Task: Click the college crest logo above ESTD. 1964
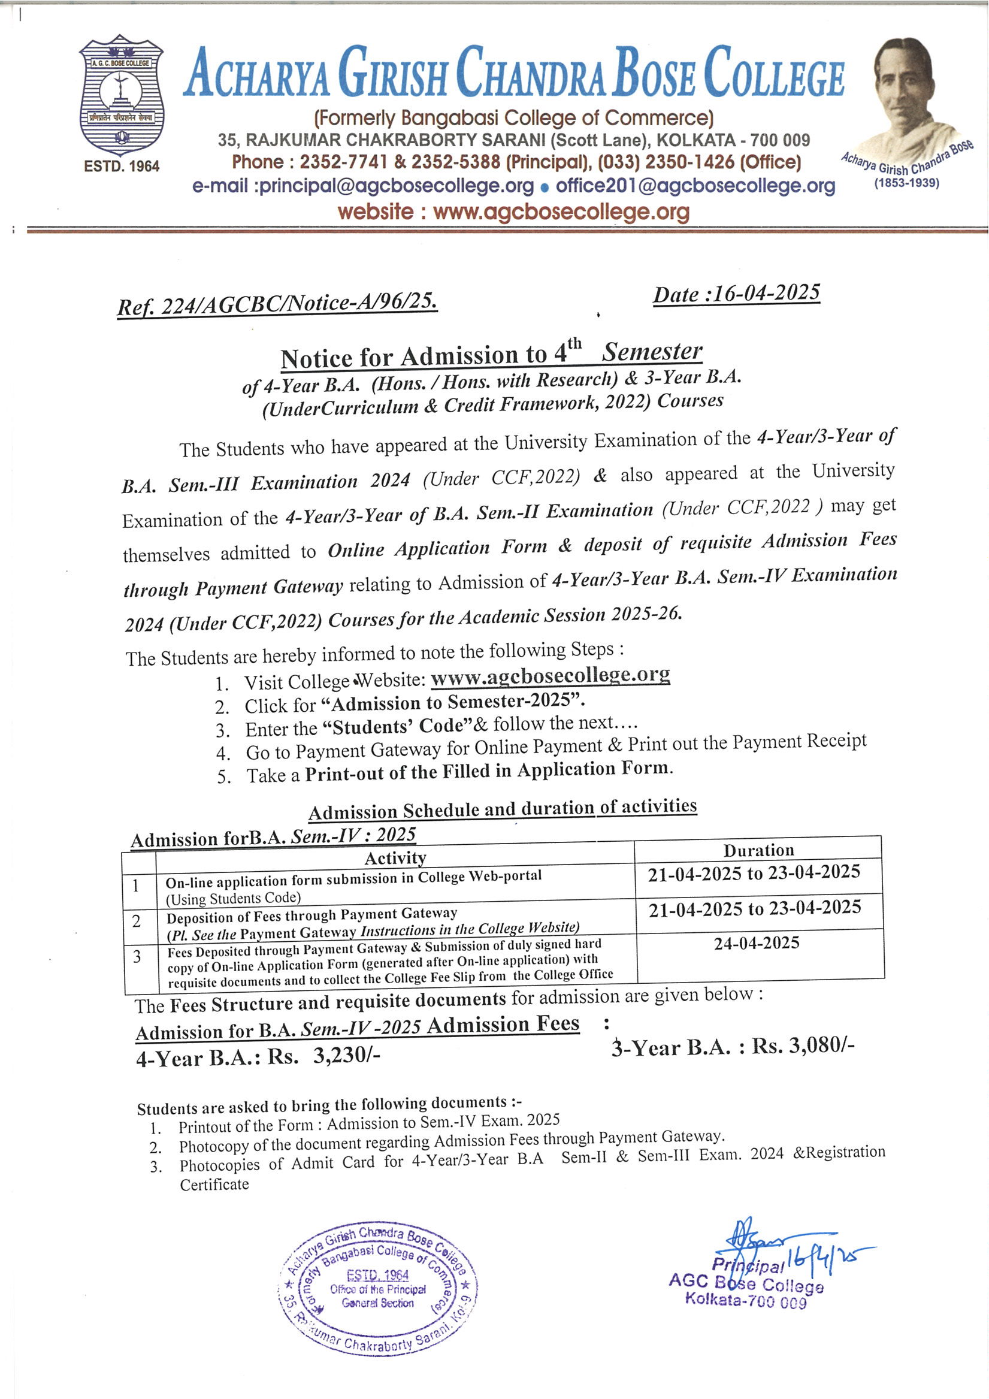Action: tap(121, 95)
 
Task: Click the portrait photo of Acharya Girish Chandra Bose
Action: tap(906, 98)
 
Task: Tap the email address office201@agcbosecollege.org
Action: tap(695, 185)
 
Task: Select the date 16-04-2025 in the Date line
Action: tap(764, 293)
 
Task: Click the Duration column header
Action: tap(758, 850)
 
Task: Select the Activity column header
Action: tap(395, 858)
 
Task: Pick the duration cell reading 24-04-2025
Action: tap(756, 943)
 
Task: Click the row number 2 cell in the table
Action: tap(137, 921)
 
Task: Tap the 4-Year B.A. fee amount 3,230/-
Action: tap(346, 1054)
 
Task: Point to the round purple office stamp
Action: tap(378, 1287)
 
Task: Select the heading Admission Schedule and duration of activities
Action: tap(502, 809)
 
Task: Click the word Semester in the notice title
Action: tap(652, 352)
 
